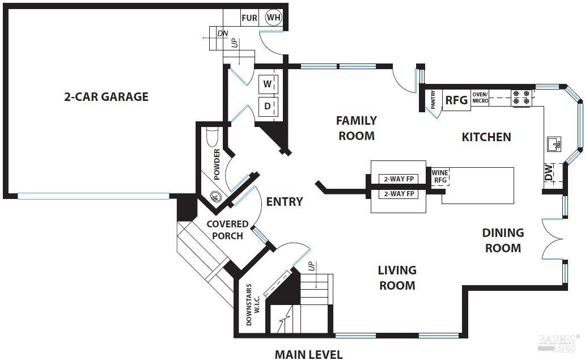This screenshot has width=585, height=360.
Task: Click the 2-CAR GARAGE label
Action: coord(106,96)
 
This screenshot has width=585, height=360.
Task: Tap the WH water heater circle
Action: coord(273,18)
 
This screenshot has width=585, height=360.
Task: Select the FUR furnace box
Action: coord(249,18)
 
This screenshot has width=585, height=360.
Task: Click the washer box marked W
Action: coord(268,84)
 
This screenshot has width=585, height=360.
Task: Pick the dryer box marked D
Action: coord(268,105)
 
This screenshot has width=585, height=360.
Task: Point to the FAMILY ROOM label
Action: coord(356,128)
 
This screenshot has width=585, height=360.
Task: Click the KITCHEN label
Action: coord(486,137)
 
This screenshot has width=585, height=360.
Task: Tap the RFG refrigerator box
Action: coord(456,100)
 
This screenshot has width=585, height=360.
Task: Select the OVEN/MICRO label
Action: coord(480,97)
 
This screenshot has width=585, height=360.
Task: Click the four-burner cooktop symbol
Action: coord(521,98)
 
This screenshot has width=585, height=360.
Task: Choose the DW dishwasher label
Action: coord(548,172)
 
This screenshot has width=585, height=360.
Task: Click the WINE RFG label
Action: coord(440,176)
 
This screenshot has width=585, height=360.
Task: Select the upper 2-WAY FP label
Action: coord(398,179)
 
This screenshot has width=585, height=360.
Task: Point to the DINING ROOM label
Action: coord(503,240)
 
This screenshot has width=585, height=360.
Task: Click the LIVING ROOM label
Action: coord(397,278)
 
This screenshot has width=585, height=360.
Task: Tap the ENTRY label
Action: coord(285,201)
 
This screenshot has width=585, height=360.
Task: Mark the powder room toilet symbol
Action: coord(212,137)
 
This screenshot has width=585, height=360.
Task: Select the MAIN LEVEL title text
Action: coord(308,354)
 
